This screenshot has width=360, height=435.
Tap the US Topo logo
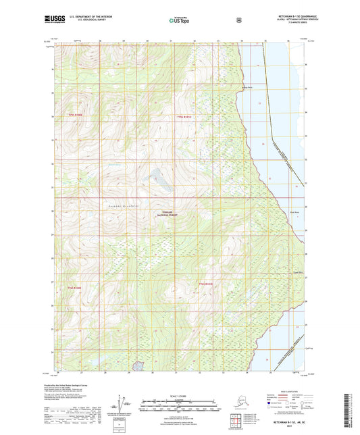tap(179, 20)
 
